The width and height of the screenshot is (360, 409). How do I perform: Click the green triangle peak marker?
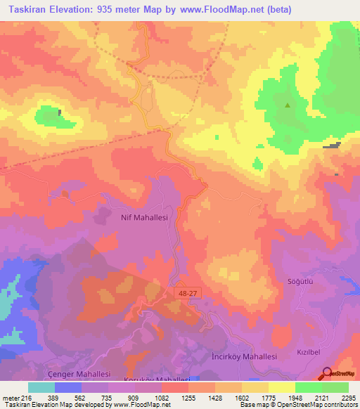pyautogui.click(x=287, y=105)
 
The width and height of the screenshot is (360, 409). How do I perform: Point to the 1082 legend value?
pyautogui.click(x=160, y=397)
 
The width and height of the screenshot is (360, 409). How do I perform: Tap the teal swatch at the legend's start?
pyautogui.click(x=41, y=387)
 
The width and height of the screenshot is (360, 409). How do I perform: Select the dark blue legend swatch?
pyautogui.click(x=68, y=387)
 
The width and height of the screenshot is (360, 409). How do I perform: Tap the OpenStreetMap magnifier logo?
pyautogui.click(x=327, y=373)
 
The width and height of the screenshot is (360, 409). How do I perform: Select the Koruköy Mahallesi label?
pyautogui.click(x=143, y=379)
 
